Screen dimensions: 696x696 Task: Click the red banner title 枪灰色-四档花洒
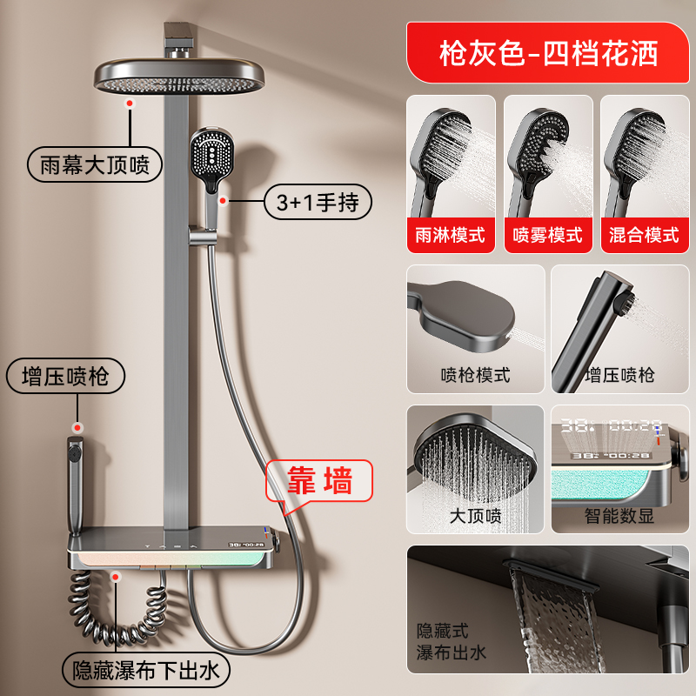click(548, 53)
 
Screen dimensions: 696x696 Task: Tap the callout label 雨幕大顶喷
click(95, 164)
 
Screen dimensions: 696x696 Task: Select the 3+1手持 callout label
click(318, 203)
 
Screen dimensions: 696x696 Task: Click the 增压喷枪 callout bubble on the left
click(65, 376)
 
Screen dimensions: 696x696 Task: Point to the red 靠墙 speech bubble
click(319, 481)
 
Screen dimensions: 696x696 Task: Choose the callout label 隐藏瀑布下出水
click(145, 670)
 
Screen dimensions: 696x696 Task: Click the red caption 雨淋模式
click(451, 235)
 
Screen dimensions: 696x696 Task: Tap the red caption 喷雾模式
click(548, 235)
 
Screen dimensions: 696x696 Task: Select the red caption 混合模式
click(644, 235)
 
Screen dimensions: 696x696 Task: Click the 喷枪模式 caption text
click(475, 375)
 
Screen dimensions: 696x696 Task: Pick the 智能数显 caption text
click(619, 516)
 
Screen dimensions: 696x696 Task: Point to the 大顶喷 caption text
click(475, 516)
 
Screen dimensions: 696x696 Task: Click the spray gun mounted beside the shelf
click(76, 484)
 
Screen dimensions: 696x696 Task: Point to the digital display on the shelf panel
click(247, 545)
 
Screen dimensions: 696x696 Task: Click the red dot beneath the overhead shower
click(130, 104)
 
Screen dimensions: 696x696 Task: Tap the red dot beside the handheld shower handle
click(224, 201)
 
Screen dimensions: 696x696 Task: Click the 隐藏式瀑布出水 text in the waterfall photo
click(452, 641)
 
